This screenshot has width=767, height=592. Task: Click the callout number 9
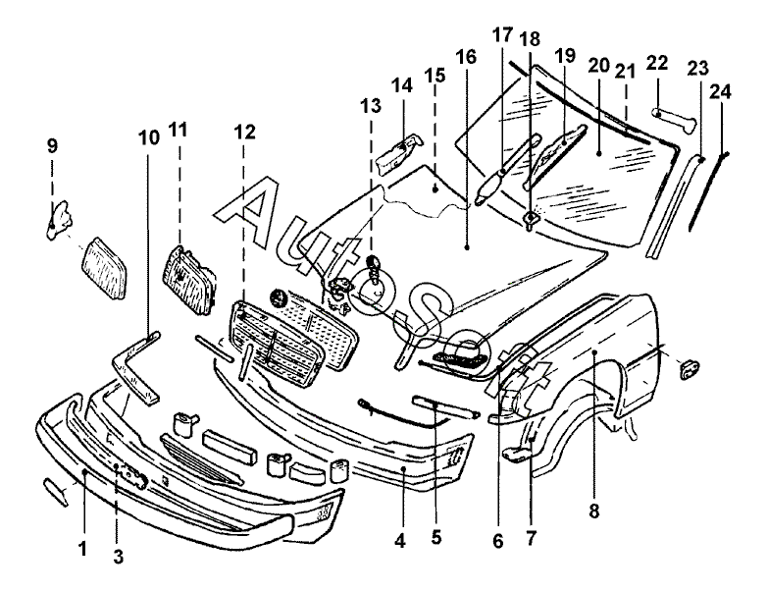pyautogui.click(x=52, y=146)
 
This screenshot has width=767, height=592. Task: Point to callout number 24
pyautogui.click(x=721, y=91)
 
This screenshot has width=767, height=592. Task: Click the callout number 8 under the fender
pyautogui.click(x=595, y=511)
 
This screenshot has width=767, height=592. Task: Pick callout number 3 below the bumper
pyautogui.click(x=118, y=557)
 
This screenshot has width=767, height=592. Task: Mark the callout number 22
pyautogui.click(x=657, y=63)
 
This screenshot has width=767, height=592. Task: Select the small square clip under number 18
pyautogui.click(x=529, y=218)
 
